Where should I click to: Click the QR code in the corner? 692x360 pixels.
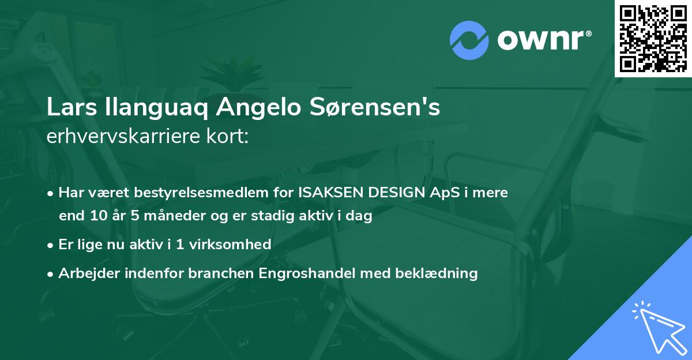pyautogui.click(x=653, y=39)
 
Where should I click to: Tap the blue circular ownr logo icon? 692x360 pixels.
pyautogui.click(x=469, y=40)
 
